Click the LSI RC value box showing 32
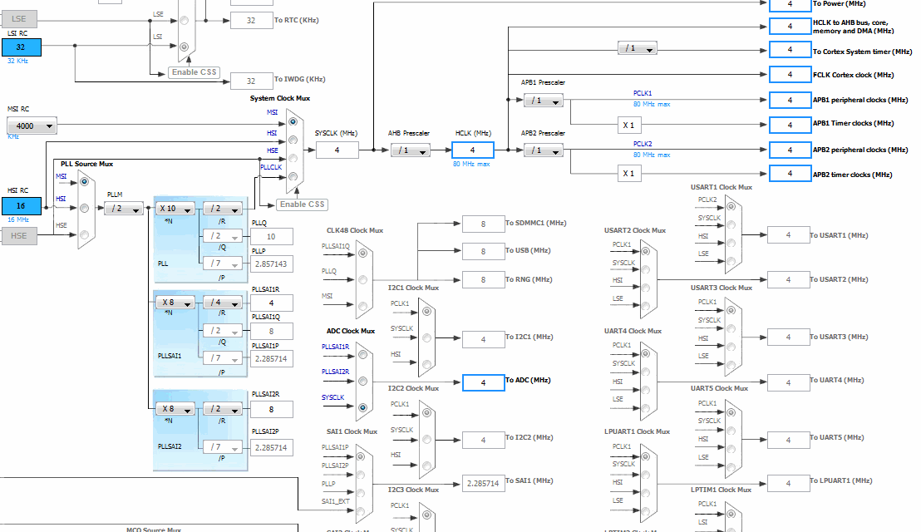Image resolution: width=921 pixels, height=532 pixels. click(21, 47)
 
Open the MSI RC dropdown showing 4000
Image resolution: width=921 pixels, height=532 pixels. click(32, 126)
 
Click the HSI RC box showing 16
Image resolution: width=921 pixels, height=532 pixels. click(21, 205)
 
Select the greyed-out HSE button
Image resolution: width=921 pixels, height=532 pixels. click(19, 237)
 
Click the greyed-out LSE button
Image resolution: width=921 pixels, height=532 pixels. click(19, 17)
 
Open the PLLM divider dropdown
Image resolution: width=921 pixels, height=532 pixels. click(123, 209)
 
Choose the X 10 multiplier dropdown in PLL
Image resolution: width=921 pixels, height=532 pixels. click(175, 209)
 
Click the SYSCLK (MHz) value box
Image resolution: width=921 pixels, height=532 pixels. click(337, 150)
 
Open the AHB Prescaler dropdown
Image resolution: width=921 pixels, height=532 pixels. click(411, 150)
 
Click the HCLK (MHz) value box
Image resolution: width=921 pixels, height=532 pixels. click(472, 150)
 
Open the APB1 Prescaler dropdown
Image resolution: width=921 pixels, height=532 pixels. click(543, 101)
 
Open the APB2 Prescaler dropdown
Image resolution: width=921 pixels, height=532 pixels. click(543, 150)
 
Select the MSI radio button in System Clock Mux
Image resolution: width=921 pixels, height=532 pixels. click(293, 121)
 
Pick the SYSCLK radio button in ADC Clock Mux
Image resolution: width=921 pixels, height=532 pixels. click(362, 407)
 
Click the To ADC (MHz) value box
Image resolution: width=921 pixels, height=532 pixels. click(483, 382)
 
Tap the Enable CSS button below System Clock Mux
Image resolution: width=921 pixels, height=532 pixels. click(303, 204)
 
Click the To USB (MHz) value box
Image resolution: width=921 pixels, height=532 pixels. click(483, 251)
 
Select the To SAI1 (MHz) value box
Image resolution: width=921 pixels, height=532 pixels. click(483, 483)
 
